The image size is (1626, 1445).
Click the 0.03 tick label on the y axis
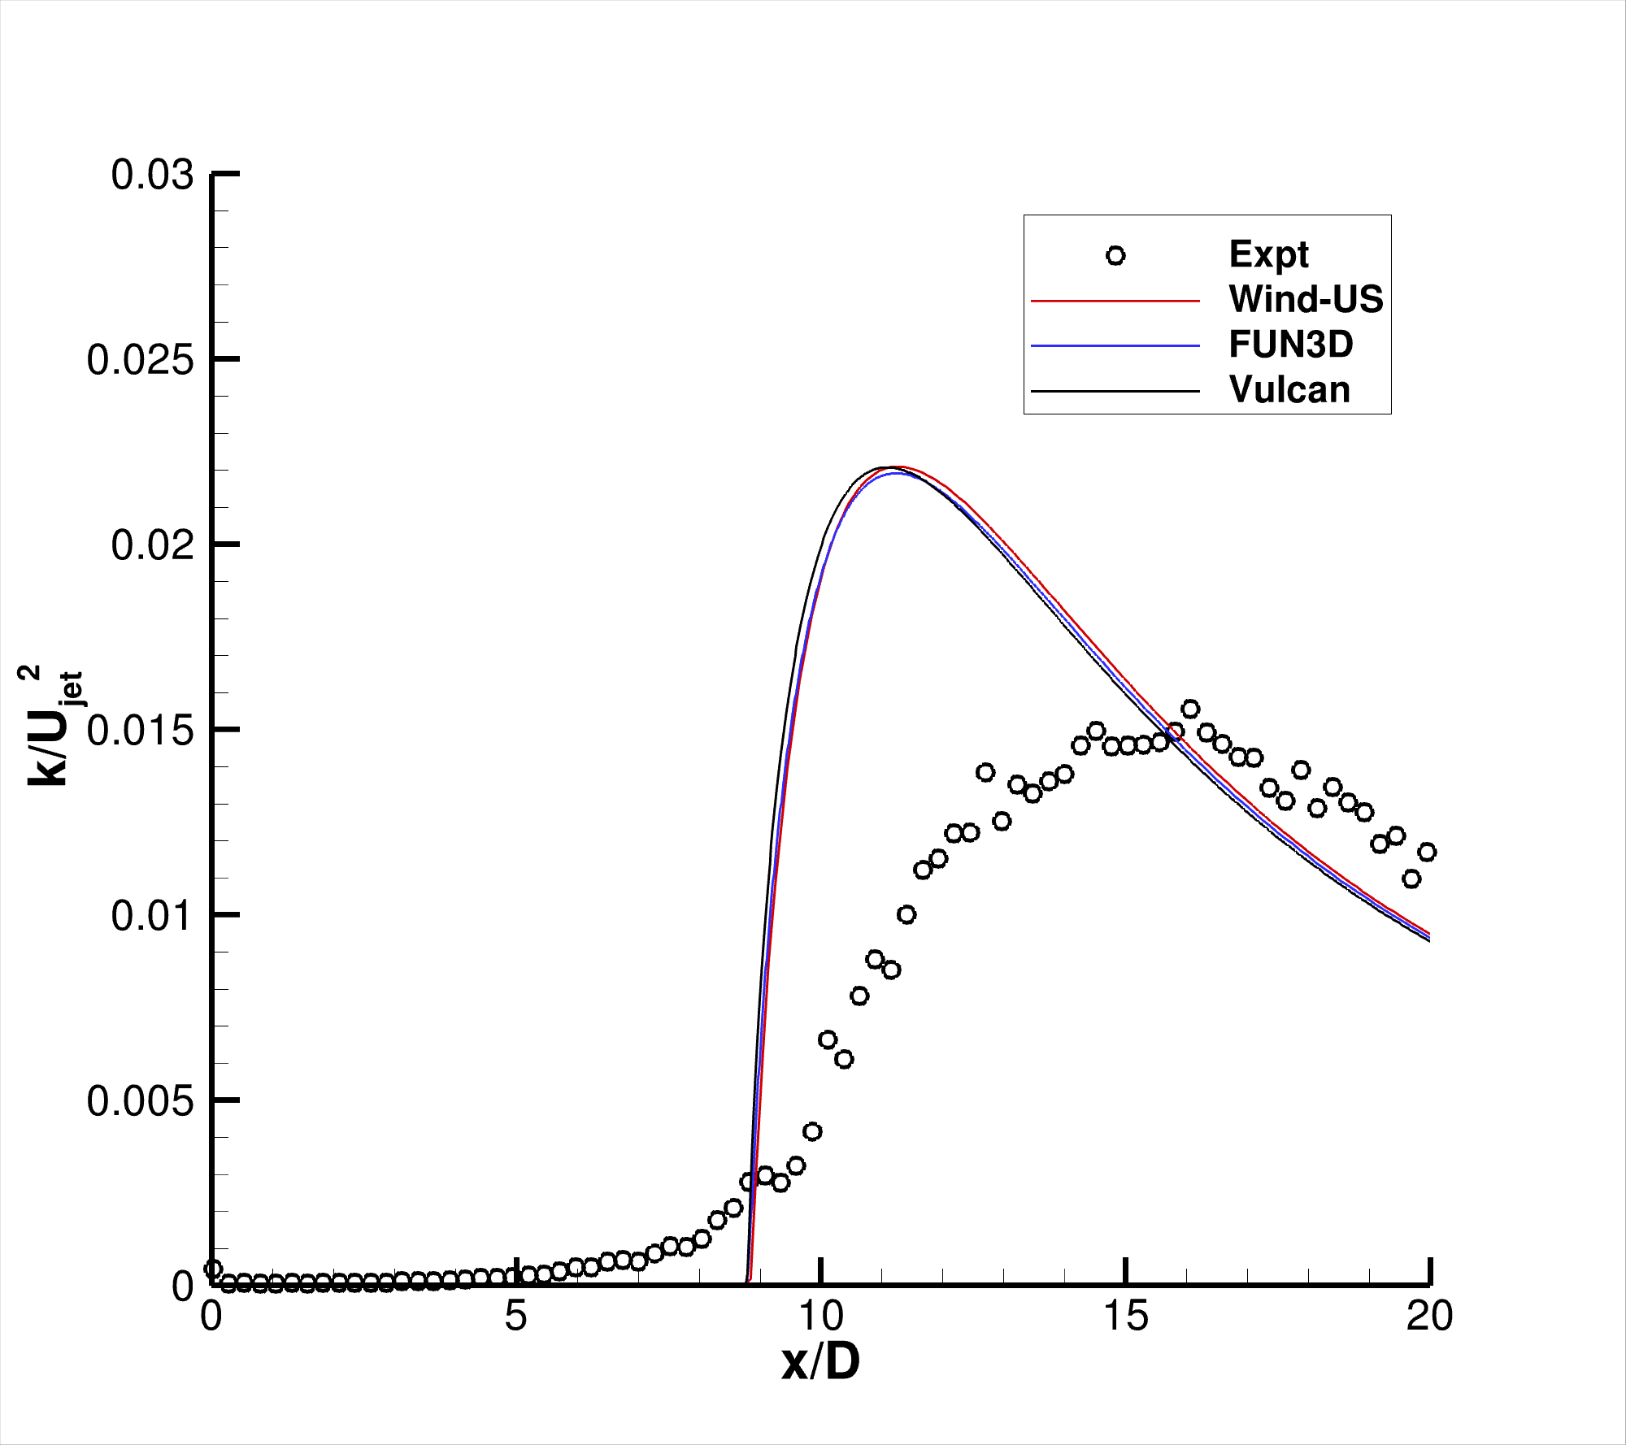(152, 176)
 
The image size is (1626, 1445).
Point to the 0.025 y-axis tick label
(140, 360)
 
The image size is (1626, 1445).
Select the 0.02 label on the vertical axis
(152, 545)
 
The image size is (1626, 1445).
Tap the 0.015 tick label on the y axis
(140, 731)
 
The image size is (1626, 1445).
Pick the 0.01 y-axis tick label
(152, 916)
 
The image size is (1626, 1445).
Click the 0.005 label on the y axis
(140, 1101)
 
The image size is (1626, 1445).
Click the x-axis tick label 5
(515, 1315)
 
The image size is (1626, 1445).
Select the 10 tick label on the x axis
(821, 1315)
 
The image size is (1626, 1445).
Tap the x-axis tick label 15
(1126, 1315)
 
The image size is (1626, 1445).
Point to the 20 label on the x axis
(1429, 1315)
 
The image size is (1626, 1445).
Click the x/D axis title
(820, 1362)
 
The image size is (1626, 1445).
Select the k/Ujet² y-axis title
(50, 726)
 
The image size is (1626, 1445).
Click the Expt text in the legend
(1268, 254)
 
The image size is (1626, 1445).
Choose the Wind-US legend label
(1306, 299)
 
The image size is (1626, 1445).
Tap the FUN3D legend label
(1291, 345)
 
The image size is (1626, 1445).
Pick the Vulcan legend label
(1289, 390)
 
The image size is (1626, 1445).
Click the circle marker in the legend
(1115, 256)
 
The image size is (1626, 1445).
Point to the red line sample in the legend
(1115, 302)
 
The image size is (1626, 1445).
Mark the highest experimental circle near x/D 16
(1190, 709)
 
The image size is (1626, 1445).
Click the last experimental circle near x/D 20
(1427, 852)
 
